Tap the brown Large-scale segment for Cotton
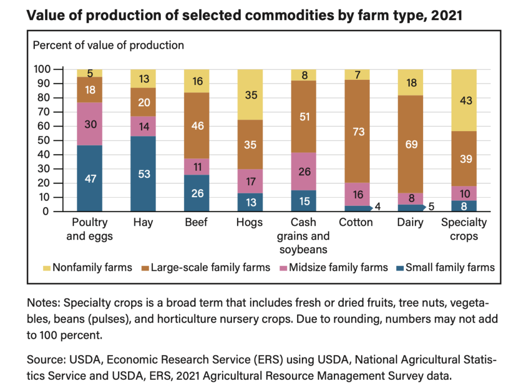[x=357, y=131]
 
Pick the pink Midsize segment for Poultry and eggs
[x=90, y=123]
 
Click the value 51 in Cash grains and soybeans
[x=304, y=117]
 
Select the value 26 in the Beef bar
[x=197, y=193]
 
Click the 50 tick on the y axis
[x=46, y=141]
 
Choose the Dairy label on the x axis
[x=410, y=223]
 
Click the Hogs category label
[x=250, y=223]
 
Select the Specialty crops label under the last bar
[x=464, y=229]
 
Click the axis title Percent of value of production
[x=108, y=45]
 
